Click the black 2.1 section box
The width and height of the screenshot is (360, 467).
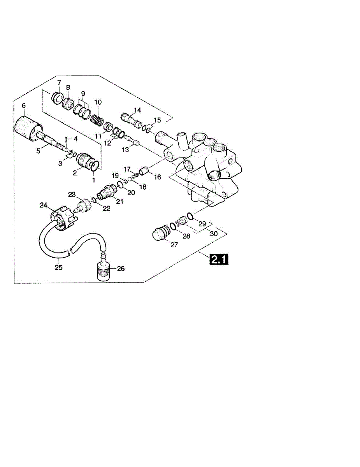(x=219, y=260)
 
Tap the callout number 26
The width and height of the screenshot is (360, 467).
(x=121, y=269)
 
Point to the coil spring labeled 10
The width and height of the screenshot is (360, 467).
(x=97, y=121)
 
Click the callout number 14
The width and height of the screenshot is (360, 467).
(x=137, y=110)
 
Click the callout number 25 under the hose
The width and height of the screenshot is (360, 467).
(x=59, y=268)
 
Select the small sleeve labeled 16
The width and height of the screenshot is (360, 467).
(x=144, y=172)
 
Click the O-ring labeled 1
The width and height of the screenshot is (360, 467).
(x=95, y=166)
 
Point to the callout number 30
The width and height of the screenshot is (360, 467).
(x=214, y=233)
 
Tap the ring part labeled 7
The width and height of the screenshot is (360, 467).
(x=57, y=98)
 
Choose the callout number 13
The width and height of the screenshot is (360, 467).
(x=125, y=149)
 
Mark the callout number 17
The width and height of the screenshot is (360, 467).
(x=127, y=170)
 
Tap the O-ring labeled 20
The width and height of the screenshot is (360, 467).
(x=120, y=184)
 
